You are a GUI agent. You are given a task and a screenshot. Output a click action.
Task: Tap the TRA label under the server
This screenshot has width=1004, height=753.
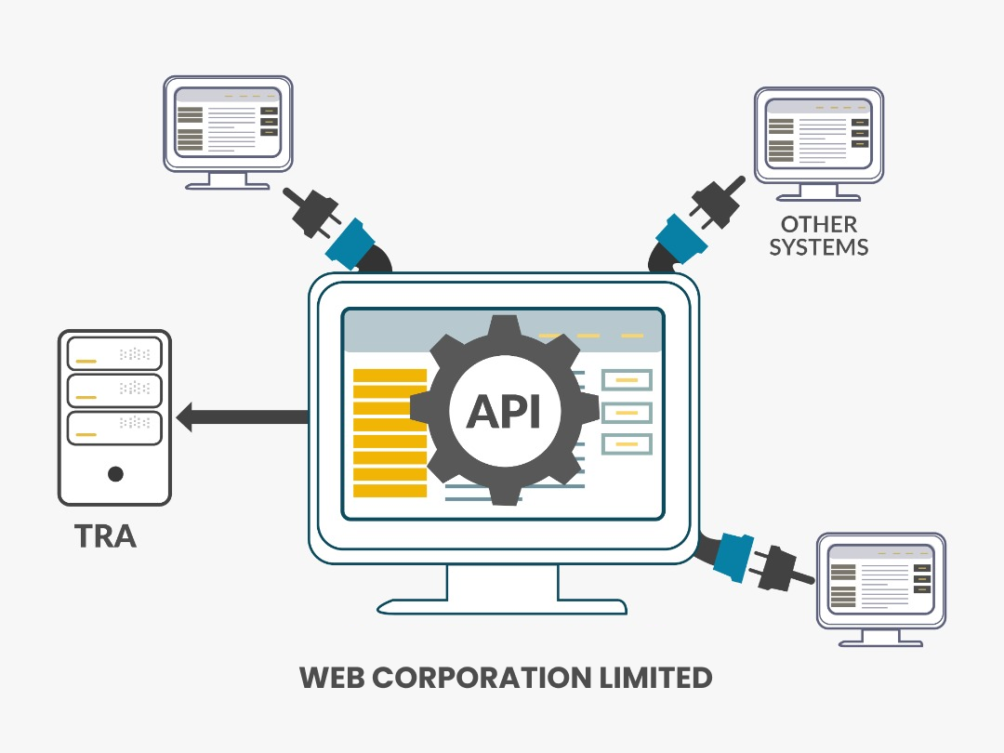[105, 536]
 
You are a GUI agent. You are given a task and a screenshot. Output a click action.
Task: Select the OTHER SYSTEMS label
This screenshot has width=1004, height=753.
[819, 235]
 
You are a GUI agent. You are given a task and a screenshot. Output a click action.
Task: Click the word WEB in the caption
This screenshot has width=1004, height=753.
[332, 677]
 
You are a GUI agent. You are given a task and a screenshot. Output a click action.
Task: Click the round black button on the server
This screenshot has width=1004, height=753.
[115, 474]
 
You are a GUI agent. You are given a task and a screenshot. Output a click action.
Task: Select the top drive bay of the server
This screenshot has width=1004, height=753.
[114, 353]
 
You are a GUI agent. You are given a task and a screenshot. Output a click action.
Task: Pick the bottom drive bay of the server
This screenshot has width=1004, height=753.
[114, 428]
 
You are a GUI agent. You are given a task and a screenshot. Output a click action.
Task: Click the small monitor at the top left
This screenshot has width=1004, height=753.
[229, 124]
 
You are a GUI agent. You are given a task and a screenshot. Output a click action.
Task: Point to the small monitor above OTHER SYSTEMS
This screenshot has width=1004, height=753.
[818, 135]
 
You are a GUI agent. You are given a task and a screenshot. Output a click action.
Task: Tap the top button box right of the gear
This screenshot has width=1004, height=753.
[627, 379]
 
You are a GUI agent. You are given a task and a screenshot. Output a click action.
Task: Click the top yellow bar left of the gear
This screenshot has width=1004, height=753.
[390, 376]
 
